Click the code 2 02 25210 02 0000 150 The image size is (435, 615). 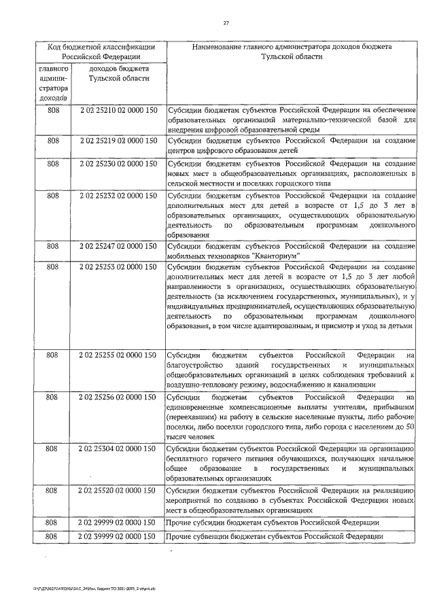[118, 109]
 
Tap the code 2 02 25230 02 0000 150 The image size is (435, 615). [118, 164]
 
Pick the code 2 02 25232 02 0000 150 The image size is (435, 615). [118, 196]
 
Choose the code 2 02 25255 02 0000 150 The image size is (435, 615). [118, 355]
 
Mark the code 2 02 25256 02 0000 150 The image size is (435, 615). [118, 396]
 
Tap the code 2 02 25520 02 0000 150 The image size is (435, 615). [118, 489]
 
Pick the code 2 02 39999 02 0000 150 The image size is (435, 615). [118, 537]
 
